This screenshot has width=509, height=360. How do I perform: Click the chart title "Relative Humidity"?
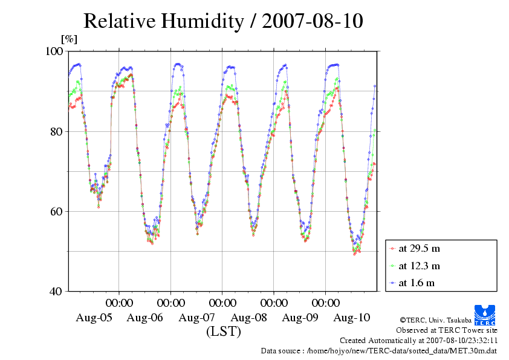163,21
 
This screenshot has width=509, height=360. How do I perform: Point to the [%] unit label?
70,40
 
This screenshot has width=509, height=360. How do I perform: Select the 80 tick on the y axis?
59,131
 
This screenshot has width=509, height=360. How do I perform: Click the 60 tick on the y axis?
59,211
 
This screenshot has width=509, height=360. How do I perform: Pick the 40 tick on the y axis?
59,291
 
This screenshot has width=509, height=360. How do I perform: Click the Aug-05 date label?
94,318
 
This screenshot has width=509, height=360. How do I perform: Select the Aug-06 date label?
146,318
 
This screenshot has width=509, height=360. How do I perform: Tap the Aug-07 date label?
197,318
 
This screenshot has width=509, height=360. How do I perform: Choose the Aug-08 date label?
249,318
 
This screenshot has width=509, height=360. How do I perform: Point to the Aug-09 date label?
300,318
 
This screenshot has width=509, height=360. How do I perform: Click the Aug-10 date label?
352,318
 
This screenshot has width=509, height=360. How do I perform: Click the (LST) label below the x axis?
223,332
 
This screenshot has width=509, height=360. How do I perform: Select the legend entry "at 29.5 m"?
420,248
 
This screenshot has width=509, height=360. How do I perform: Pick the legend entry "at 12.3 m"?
420,266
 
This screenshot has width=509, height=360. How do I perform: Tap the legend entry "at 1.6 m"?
417,283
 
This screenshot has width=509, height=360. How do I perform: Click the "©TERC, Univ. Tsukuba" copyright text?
435,319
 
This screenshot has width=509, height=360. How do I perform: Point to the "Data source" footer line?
378,350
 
